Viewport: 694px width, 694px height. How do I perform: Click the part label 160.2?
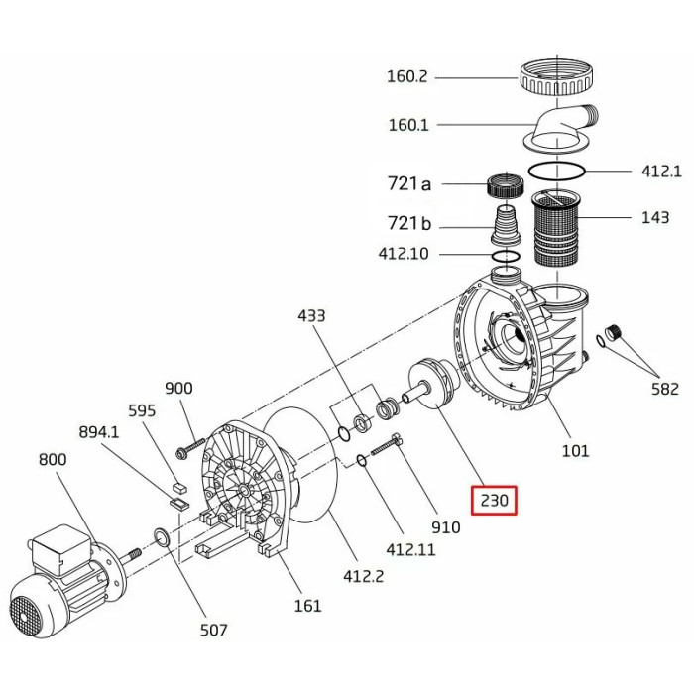[x=408, y=76]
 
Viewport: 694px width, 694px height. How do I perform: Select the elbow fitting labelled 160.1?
[x=561, y=130]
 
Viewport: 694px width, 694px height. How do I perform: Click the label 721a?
[x=409, y=183]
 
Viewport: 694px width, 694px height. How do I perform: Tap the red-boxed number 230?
[x=494, y=501]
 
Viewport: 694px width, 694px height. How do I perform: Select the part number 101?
[x=575, y=451]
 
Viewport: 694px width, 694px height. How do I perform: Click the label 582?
[x=665, y=389]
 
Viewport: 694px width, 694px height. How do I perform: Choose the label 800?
[x=54, y=459]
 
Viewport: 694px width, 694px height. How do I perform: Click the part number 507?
[x=213, y=630]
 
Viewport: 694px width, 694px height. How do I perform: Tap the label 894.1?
[x=99, y=432]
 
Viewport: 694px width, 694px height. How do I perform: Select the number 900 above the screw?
[x=178, y=388]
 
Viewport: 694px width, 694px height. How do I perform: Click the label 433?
[x=312, y=316]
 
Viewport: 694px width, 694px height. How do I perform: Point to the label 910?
[x=445, y=527]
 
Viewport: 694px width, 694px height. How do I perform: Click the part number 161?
[x=308, y=606]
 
